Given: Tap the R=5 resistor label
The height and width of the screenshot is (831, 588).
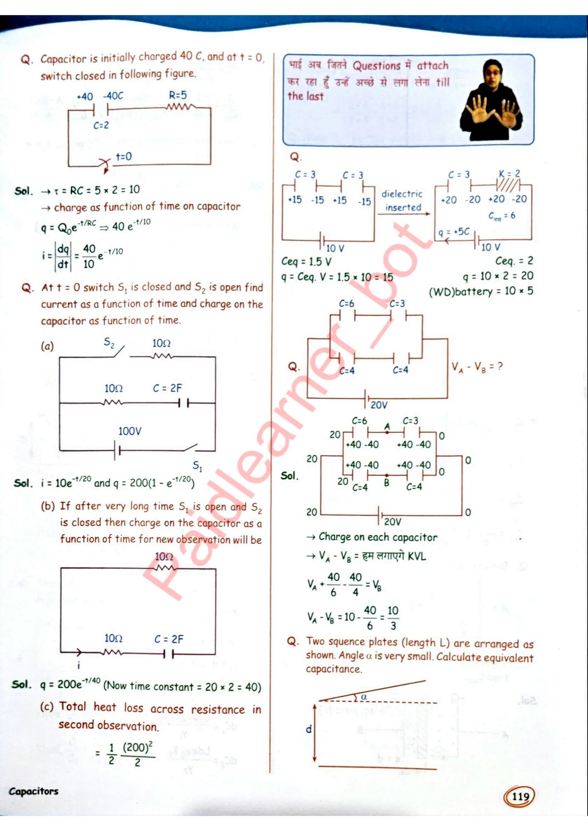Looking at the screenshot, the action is (178, 95).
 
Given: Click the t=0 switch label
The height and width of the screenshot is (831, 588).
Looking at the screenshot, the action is (123, 157).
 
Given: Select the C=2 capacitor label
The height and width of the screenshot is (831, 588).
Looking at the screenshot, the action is (101, 125).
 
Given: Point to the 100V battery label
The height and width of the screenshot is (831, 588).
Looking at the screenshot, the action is (129, 431).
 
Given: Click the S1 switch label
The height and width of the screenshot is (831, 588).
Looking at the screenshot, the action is (197, 466).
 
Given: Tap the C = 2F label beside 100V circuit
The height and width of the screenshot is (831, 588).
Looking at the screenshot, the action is (167, 388).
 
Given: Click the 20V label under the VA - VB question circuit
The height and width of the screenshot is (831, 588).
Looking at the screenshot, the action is (379, 405).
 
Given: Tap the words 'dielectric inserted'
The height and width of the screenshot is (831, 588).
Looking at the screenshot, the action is (402, 201).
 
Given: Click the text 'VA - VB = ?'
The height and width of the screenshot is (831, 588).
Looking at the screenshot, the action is (477, 367).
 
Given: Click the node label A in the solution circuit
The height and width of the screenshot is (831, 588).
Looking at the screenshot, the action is (387, 426).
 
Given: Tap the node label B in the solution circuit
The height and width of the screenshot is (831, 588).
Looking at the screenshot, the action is (387, 482).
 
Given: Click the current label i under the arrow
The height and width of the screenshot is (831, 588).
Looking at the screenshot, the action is (79, 665).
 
